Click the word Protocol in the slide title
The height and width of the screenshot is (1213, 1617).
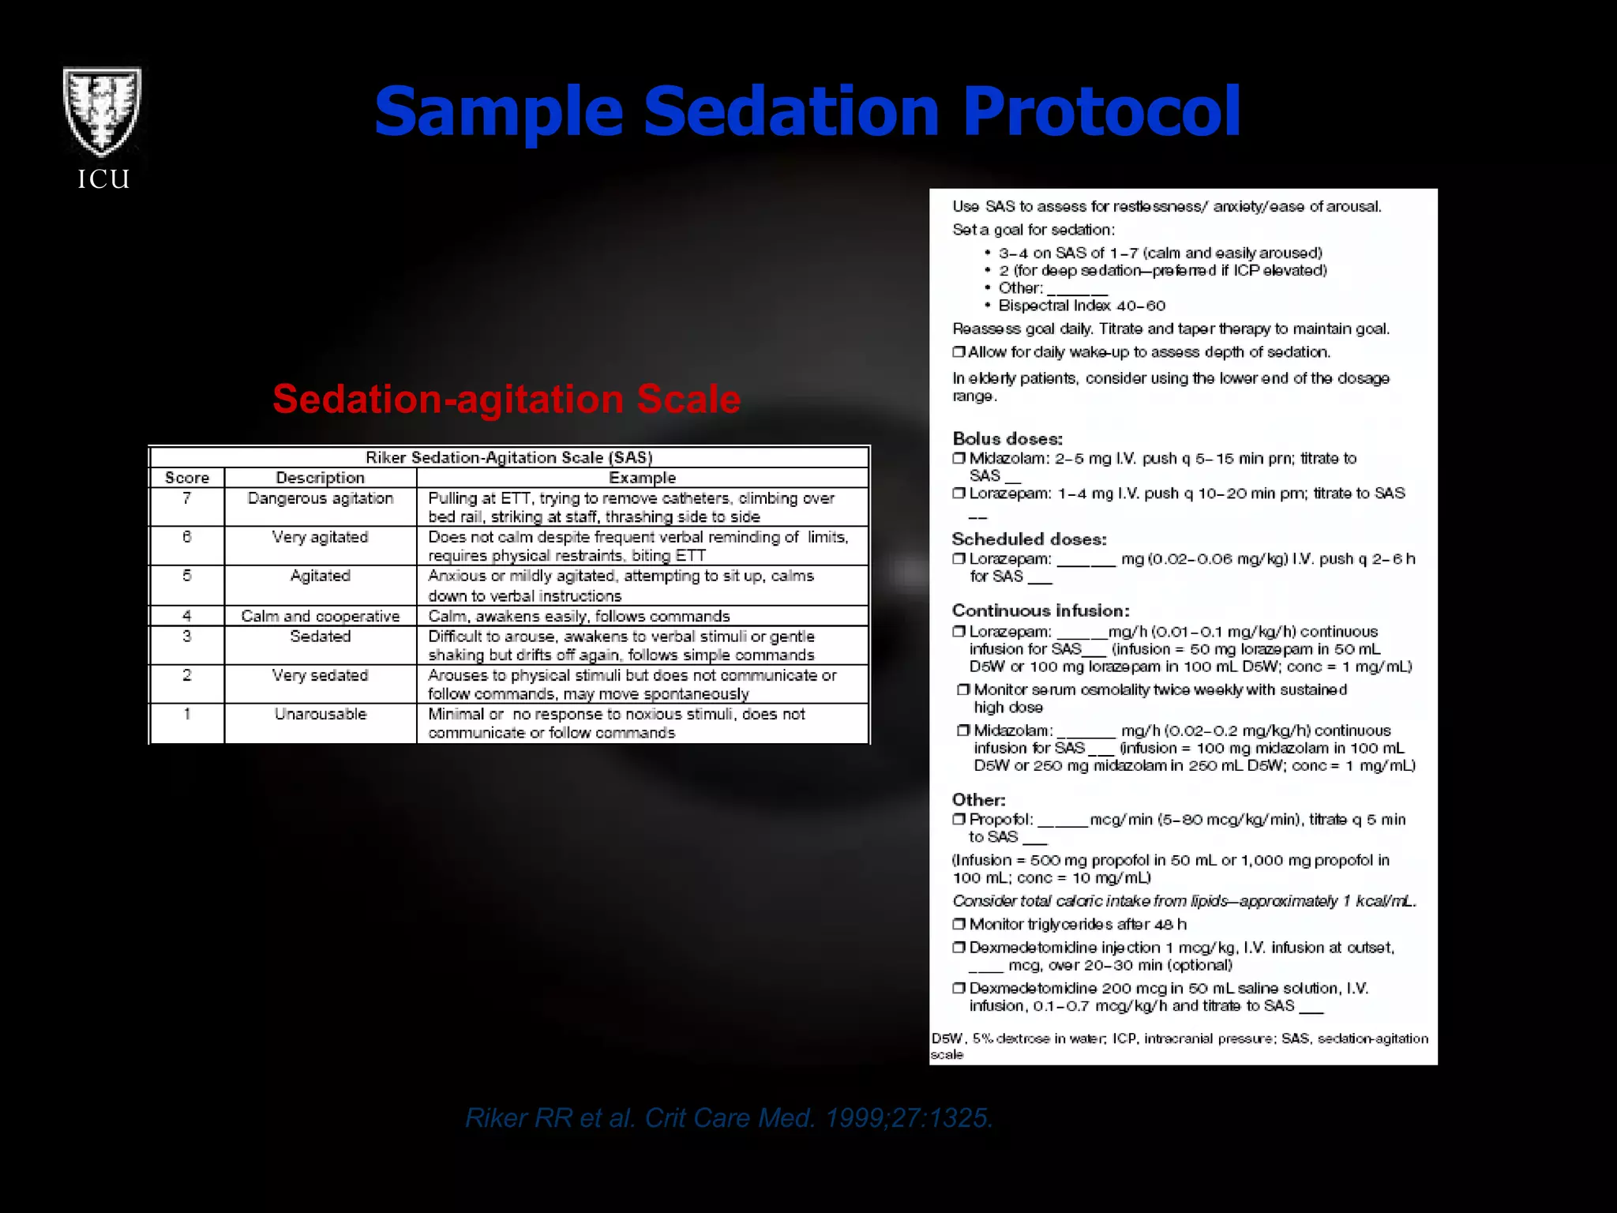[x=1101, y=111]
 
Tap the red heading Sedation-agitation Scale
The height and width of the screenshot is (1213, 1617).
[x=506, y=399]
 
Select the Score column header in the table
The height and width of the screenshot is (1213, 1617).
[x=187, y=478]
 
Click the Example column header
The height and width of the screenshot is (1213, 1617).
[x=642, y=478]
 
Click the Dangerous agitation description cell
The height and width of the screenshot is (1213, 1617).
[x=320, y=498]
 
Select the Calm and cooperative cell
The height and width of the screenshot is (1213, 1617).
[x=320, y=616]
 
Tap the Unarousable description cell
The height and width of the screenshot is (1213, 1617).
[x=320, y=714]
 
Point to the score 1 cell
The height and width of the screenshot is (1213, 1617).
[x=187, y=714]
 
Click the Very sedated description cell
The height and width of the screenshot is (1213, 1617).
[x=320, y=675]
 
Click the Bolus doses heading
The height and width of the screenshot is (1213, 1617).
[x=1007, y=439]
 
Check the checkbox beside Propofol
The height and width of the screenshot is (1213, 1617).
[x=959, y=819]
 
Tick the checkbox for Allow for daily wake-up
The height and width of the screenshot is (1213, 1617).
[x=959, y=352]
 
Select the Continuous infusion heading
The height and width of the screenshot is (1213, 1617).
[x=1041, y=610]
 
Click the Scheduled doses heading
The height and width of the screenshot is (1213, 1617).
[x=1029, y=539]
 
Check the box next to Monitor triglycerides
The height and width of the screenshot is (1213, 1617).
[x=959, y=924]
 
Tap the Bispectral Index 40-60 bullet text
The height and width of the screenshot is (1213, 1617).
[x=1082, y=306]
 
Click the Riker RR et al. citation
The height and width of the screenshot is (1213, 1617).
[x=729, y=1117]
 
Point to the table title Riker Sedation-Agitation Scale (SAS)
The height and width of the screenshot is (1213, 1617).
[x=508, y=457]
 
